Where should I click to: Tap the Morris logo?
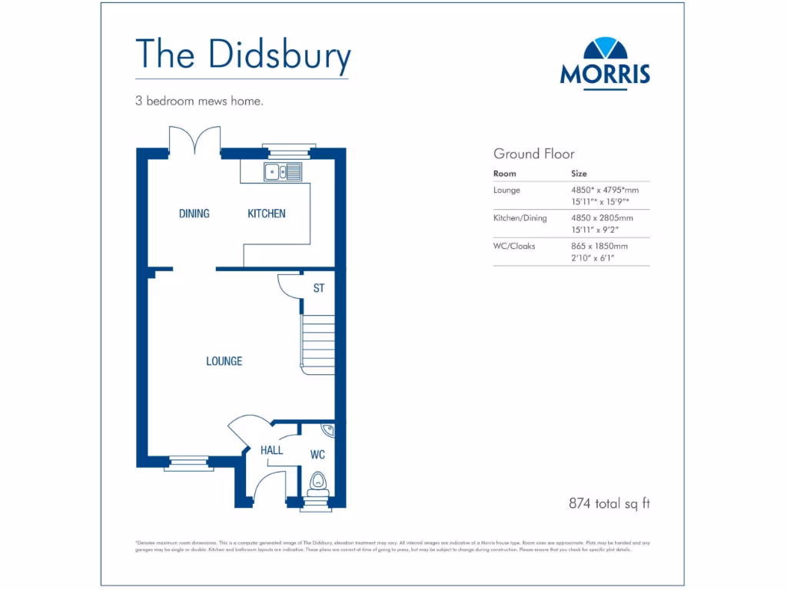(x=605, y=62)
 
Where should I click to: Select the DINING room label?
(x=194, y=214)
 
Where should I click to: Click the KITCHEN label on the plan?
(x=266, y=214)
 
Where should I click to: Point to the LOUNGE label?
(x=224, y=361)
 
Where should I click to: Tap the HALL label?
(x=271, y=450)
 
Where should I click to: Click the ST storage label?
(x=318, y=289)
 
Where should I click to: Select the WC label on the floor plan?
(x=317, y=455)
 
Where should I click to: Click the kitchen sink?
(x=283, y=171)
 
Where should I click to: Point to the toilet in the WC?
(x=317, y=482)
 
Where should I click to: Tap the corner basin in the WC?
(x=327, y=430)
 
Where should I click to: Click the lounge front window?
(x=188, y=462)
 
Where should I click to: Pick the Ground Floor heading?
(x=533, y=154)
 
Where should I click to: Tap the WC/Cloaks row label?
(x=514, y=246)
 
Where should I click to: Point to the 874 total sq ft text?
(x=609, y=504)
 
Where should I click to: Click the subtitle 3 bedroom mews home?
(x=199, y=101)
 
